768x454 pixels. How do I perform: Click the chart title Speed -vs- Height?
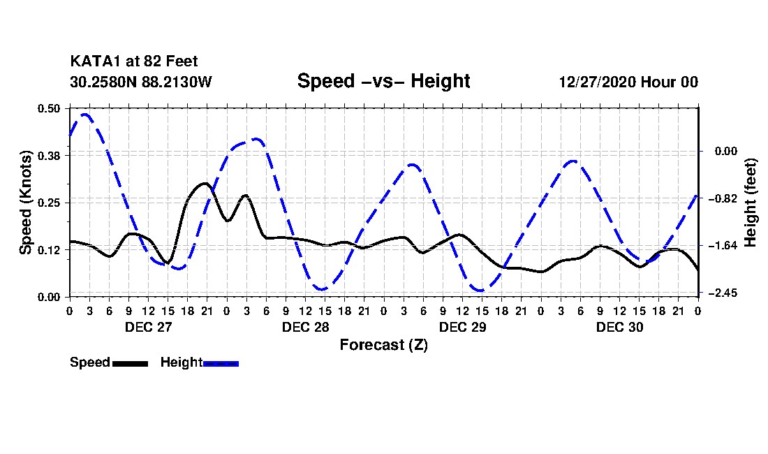[x=383, y=81]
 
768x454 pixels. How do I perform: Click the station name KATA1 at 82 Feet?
[x=128, y=62]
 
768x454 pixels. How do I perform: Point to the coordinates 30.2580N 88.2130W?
[x=141, y=82]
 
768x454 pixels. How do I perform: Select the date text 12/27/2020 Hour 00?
[x=628, y=82]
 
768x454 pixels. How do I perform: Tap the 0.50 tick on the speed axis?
[x=50, y=108]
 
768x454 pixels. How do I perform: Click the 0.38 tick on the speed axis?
[x=50, y=155]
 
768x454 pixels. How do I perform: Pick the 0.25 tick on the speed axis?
[x=50, y=203]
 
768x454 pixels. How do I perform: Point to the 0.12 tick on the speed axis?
[x=50, y=249]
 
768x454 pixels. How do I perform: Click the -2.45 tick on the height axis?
[x=724, y=293]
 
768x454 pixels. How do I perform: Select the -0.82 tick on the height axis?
[x=724, y=198]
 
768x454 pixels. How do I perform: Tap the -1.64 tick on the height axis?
[x=724, y=246]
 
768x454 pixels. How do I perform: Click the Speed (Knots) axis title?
[x=26, y=202]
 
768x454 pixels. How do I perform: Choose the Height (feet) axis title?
[x=751, y=203]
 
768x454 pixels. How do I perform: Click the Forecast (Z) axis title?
[x=383, y=344]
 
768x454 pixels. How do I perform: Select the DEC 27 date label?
[x=149, y=327]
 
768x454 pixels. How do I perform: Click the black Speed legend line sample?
[x=130, y=363]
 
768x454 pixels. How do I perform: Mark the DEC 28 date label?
[x=306, y=327]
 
